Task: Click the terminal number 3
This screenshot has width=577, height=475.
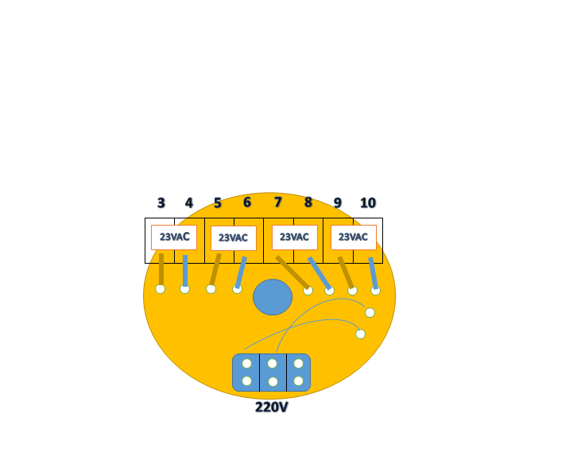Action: point(161,203)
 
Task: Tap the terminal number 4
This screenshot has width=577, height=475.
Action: point(189,203)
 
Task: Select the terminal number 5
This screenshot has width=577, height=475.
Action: point(218,203)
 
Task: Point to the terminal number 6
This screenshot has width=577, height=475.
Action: point(247,203)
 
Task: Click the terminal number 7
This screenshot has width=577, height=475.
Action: point(278,203)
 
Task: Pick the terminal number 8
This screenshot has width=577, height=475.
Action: point(308,203)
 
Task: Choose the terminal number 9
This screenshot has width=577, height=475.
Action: point(338,203)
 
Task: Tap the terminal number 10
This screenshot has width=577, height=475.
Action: point(368,203)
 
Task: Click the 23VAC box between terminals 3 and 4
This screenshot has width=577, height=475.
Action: point(174,237)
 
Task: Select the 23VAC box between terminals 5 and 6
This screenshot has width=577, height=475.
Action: point(234,238)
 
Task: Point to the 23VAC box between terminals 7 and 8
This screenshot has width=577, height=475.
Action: point(294,237)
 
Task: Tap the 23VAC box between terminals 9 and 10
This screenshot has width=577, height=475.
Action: point(353,237)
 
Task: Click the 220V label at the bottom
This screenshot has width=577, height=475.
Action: point(271,407)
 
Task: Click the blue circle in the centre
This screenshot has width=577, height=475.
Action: point(273,297)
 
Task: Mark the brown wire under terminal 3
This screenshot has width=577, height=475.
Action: point(161,269)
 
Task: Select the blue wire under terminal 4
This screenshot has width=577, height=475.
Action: point(185,270)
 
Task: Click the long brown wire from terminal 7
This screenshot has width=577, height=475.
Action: point(292,272)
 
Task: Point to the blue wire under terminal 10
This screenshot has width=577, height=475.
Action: point(373,272)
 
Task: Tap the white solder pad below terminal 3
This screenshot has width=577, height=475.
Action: point(161,289)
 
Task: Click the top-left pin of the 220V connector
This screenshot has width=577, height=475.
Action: point(247,364)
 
